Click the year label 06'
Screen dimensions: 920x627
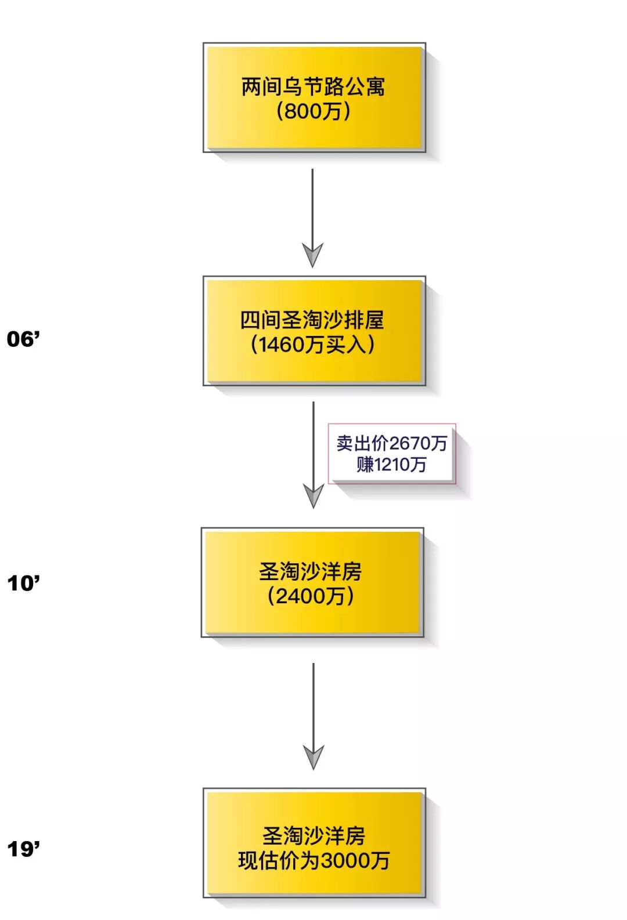click(24, 339)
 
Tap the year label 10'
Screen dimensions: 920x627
click(24, 583)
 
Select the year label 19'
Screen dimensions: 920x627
click(24, 849)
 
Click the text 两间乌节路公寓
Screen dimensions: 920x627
click(313, 87)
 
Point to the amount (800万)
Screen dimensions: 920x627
click(313, 111)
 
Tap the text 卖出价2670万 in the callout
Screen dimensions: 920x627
click(392, 444)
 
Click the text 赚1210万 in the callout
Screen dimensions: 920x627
click(392, 465)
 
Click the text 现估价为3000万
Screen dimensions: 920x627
click(313, 860)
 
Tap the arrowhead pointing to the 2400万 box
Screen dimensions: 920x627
click(313, 495)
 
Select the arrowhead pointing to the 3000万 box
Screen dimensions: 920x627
click(313, 756)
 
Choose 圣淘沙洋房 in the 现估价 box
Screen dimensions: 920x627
click(313, 836)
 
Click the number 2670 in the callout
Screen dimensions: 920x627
click(409, 444)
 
